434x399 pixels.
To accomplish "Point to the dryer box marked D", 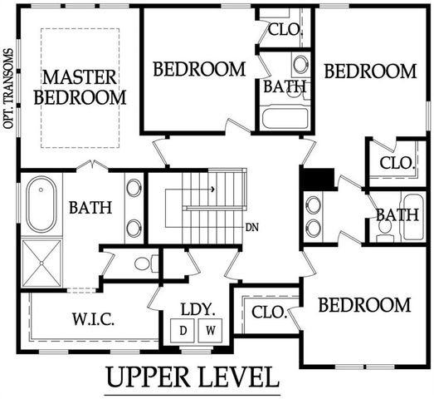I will (x=184, y=328).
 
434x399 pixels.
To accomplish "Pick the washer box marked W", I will (x=210, y=328).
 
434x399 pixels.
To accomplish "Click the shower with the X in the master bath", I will (x=38, y=262).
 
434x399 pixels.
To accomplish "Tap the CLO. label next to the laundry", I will (x=267, y=313).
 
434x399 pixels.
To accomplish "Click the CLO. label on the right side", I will (x=396, y=163).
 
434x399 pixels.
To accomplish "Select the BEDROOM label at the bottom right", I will (x=364, y=304).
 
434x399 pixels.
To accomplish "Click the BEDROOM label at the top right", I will (x=369, y=71).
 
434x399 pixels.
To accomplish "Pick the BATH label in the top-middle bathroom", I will (x=285, y=86).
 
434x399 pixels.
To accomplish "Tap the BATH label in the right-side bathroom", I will (x=396, y=215).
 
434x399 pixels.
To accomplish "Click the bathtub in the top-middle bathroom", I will (x=285, y=117).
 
